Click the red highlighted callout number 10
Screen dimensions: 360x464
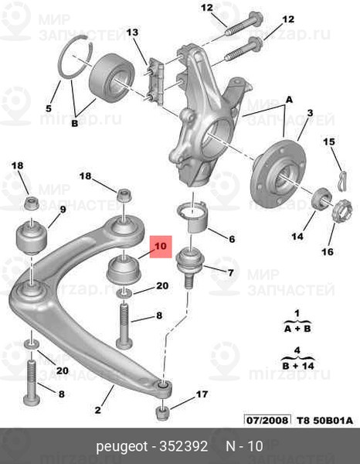(161, 246)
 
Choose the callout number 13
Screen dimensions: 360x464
(132, 32)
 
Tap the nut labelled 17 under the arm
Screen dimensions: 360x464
(162, 413)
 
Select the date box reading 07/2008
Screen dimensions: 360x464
(267, 420)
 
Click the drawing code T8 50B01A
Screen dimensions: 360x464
(324, 420)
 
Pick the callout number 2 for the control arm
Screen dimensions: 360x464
(98, 410)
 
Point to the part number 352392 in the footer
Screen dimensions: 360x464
(184, 446)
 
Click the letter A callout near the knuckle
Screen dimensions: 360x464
(289, 100)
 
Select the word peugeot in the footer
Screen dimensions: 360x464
(122, 446)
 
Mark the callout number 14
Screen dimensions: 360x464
(297, 236)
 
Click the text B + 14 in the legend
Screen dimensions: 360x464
(298, 366)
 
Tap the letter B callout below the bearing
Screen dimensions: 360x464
(75, 123)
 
